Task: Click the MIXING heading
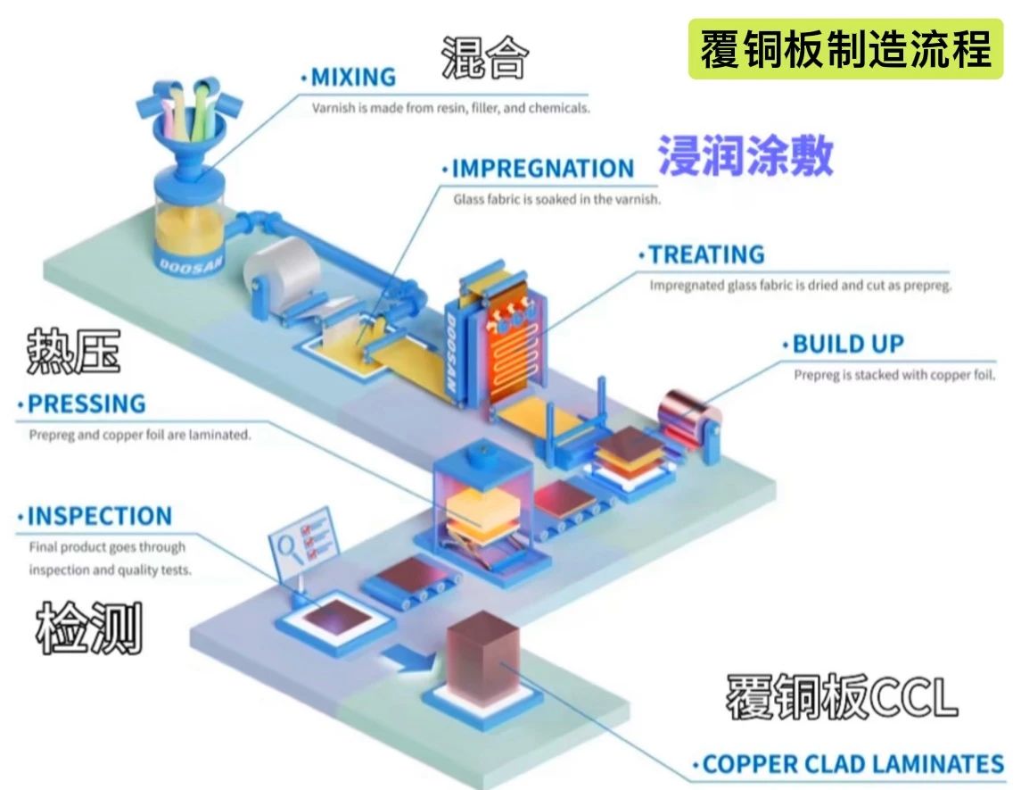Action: pyautogui.click(x=352, y=77)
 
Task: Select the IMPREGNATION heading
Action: pyautogui.click(x=542, y=168)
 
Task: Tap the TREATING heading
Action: pyautogui.click(x=705, y=254)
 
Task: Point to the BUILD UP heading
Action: pyautogui.click(x=847, y=344)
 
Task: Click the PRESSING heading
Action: pyautogui.click(x=86, y=403)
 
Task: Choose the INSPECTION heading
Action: pyautogui.click(x=99, y=516)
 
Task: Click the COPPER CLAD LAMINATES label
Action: pyautogui.click(x=852, y=764)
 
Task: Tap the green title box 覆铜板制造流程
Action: pyautogui.click(x=845, y=48)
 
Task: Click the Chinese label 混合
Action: pyautogui.click(x=486, y=59)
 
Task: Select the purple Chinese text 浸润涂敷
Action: pyautogui.click(x=745, y=156)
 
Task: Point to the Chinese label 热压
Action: pyautogui.click(x=73, y=351)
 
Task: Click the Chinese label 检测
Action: pyautogui.click(x=89, y=630)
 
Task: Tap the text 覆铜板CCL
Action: pyautogui.click(x=841, y=696)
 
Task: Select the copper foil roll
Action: pyautogui.click(x=688, y=412)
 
